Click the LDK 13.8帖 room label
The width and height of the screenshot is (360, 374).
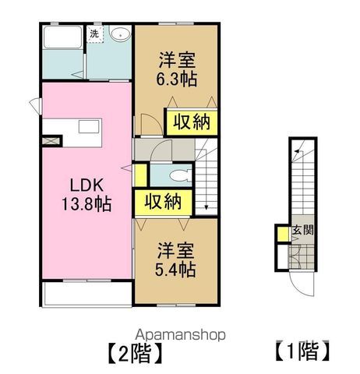pos(86,195)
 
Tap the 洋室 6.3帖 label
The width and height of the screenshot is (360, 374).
pos(177,69)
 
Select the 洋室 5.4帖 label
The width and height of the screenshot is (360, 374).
pos(175,259)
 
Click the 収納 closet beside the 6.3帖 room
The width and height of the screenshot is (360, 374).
pos(192,122)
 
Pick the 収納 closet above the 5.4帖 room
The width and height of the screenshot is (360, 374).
pos(163,203)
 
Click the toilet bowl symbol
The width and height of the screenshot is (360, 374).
pos(180,175)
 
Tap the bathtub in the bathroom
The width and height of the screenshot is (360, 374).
pos(62,37)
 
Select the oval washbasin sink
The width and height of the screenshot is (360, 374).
pos(120,34)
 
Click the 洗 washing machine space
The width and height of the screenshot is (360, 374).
pos(95,34)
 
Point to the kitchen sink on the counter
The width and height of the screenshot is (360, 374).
pos(89,127)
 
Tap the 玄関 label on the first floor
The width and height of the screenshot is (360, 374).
pos(303,230)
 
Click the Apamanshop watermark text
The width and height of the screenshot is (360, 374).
pos(180,335)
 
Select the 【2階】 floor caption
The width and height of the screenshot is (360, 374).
pos(136,354)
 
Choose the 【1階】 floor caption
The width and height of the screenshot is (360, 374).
pos(303,351)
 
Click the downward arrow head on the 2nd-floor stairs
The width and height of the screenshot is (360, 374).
pos(206,207)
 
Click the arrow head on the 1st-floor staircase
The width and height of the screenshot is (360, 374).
pos(297,150)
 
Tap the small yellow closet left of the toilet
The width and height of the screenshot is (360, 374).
pos(140,175)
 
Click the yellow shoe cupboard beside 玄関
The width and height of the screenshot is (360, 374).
pos(282,235)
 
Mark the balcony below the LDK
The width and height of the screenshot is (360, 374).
pos(87,294)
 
